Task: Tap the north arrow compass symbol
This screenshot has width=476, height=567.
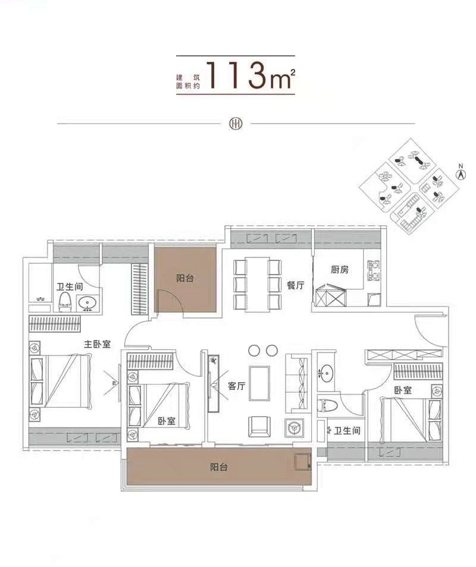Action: (461, 173)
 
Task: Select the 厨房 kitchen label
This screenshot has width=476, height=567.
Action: (340, 269)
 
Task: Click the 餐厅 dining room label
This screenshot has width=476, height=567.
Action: (295, 285)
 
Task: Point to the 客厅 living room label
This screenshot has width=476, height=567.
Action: (237, 386)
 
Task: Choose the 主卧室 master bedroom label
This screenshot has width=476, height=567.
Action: (97, 344)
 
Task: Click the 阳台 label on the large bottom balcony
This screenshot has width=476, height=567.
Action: (219, 467)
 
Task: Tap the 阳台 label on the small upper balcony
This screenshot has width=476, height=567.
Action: (185, 278)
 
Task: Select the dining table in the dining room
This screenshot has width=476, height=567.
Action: (258, 284)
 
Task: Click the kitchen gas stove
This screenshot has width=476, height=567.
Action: (374, 270)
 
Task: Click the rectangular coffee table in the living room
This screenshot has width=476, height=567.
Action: (259, 384)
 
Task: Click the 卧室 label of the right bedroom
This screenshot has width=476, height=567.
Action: (403, 390)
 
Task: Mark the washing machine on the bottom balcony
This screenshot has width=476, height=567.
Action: (303, 462)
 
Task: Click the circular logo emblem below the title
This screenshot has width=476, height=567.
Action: (235, 124)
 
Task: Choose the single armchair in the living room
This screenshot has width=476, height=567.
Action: (259, 426)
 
